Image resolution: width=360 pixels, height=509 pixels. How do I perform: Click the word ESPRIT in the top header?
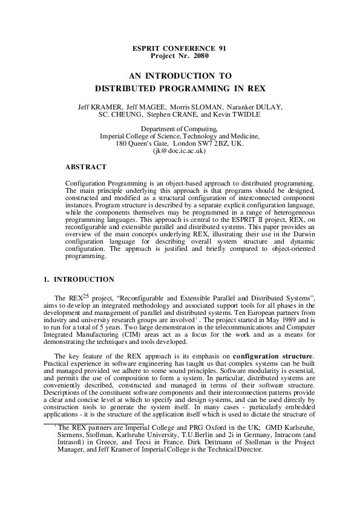[x=147, y=48]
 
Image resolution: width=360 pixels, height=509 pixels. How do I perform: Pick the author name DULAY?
[x=268, y=106]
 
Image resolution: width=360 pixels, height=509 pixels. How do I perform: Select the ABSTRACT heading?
[x=85, y=166]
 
